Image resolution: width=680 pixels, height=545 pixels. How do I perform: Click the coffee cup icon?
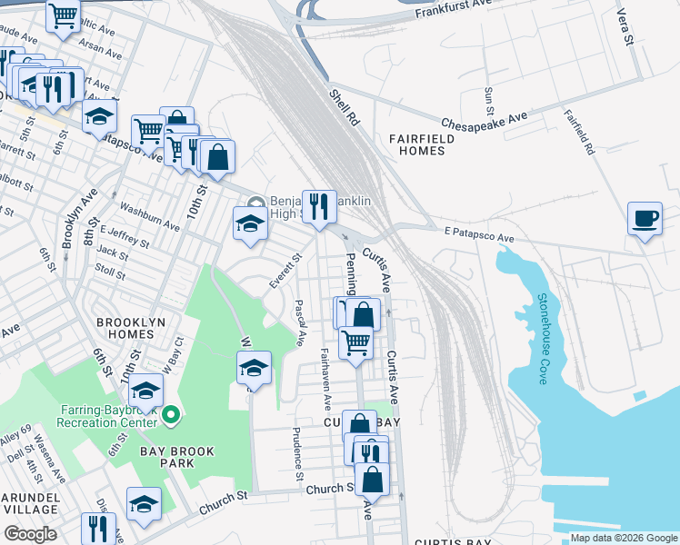645,219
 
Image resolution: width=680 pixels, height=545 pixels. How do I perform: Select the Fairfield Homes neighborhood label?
417,144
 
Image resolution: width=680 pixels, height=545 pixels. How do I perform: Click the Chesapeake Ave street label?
485,121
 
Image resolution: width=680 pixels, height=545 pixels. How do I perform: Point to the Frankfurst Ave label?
452,14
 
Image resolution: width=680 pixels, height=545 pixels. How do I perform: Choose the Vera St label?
623,19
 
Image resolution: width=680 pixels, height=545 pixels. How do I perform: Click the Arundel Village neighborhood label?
29,505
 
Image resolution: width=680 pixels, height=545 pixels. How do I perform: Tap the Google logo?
29,534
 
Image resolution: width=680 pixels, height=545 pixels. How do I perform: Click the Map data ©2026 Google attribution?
624,538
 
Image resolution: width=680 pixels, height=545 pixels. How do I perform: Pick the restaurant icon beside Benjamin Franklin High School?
317,206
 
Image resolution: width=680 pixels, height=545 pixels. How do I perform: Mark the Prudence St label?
297,455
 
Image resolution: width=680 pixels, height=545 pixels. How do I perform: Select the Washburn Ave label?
150,217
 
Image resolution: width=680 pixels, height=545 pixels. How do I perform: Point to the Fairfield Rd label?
579,133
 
